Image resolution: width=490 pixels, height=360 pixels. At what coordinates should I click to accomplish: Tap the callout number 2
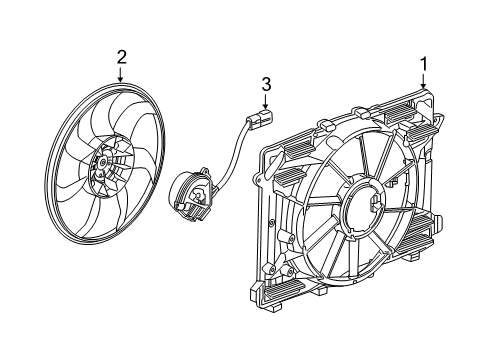(121, 57)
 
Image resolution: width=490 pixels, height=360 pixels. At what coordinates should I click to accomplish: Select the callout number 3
(266, 85)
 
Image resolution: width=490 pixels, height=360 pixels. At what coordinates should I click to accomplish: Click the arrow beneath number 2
(121, 76)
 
